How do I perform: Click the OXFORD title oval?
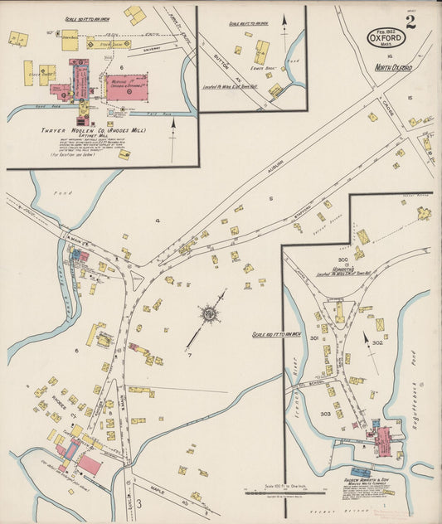pos(387,38)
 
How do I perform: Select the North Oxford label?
pos(393,67)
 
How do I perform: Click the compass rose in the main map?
pos(208,313)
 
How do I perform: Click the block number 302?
pos(377,342)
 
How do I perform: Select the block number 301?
pos(314,338)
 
